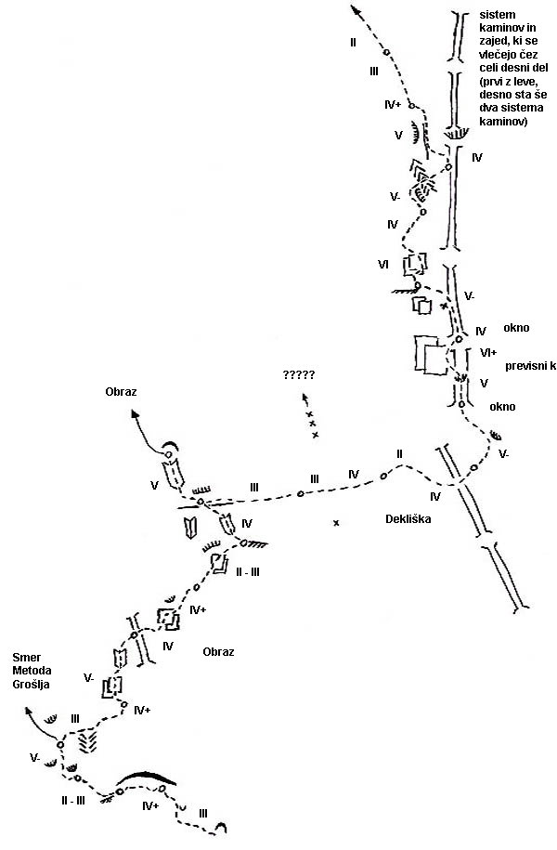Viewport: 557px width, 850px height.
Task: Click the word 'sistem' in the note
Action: (499, 16)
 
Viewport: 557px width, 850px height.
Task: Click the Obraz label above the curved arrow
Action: (122, 392)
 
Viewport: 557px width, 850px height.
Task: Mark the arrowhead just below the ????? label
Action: (304, 397)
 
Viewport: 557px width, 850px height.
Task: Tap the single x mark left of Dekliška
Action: (336, 524)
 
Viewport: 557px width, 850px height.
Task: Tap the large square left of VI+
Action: (430, 355)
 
